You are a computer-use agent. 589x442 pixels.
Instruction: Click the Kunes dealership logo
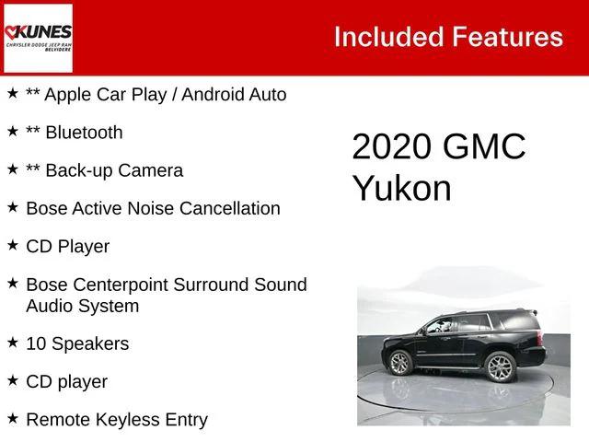click(x=38, y=38)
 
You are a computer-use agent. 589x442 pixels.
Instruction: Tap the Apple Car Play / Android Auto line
click(x=156, y=95)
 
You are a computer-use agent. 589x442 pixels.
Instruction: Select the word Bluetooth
click(x=84, y=133)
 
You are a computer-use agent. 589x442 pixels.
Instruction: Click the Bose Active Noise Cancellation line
click(x=153, y=208)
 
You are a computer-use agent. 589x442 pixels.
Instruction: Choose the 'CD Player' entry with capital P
click(x=67, y=246)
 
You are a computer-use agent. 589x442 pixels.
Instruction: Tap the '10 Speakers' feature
click(x=77, y=343)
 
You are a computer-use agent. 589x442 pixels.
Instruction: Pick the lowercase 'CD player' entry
click(x=66, y=381)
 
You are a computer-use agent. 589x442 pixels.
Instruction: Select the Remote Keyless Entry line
click(x=117, y=420)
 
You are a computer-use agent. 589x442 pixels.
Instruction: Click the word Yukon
click(x=401, y=188)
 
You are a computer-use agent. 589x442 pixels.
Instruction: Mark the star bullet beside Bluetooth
click(x=12, y=132)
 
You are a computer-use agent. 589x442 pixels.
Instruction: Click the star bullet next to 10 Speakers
click(x=12, y=343)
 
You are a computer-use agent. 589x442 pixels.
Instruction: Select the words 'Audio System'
click(x=83, y=306)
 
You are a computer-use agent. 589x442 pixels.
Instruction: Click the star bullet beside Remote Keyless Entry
click(x=12, y=419)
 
